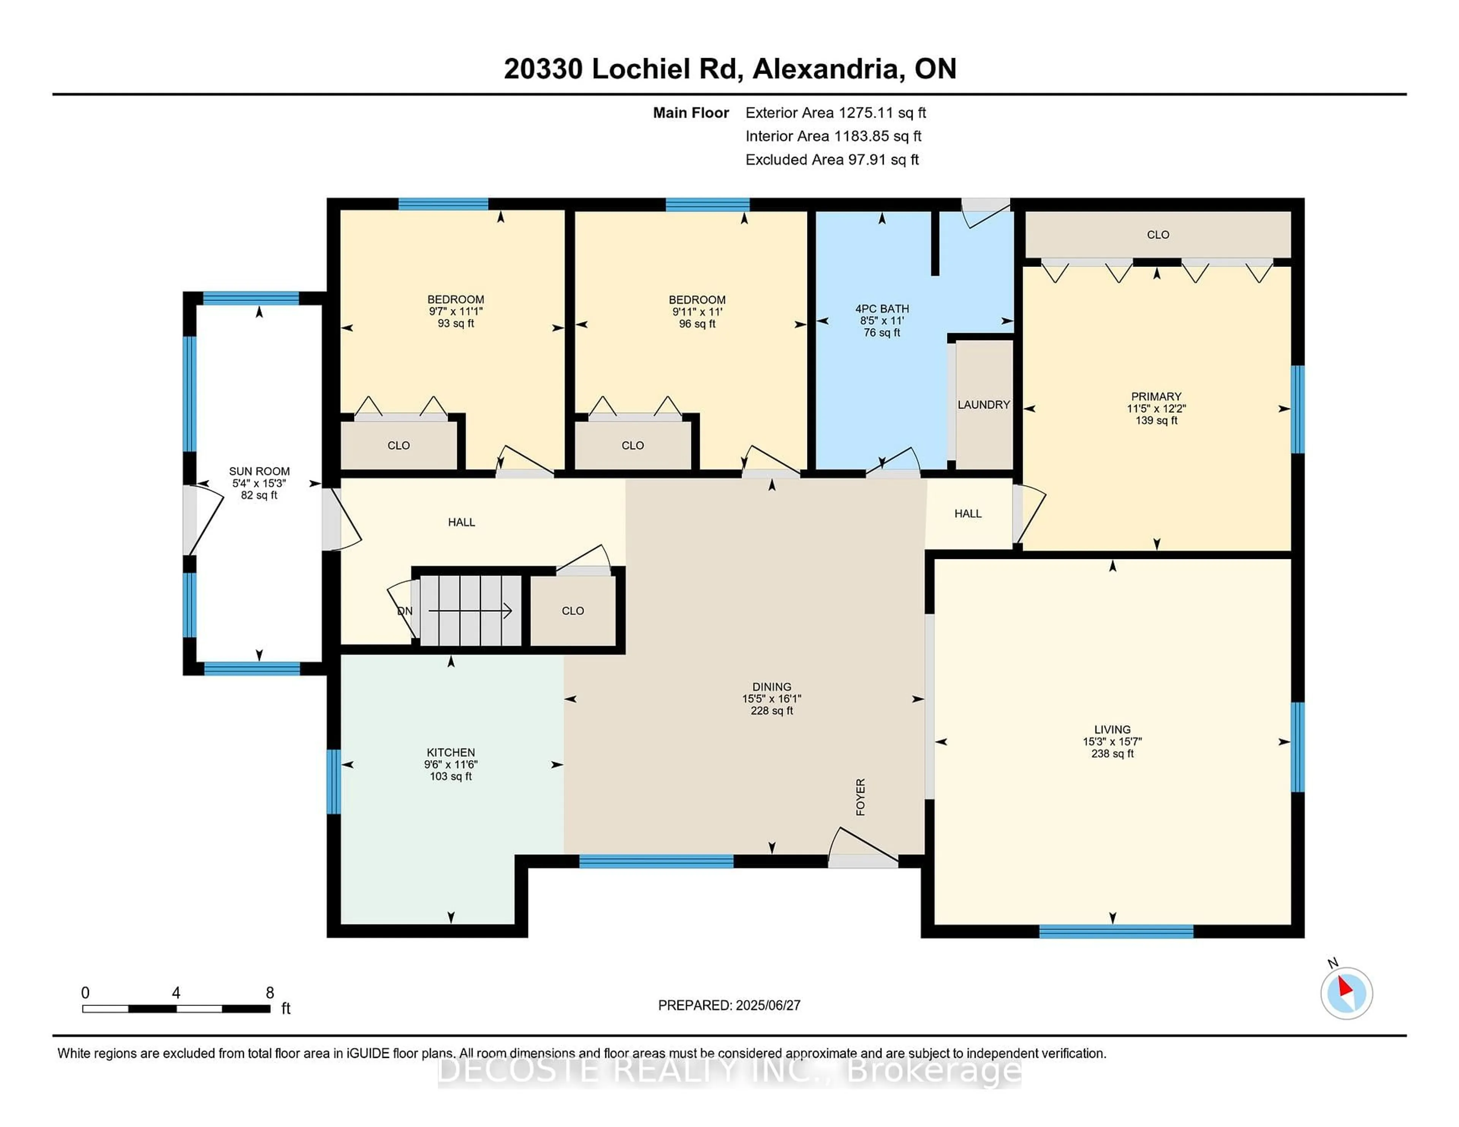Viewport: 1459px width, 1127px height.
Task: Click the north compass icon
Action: (x=1346, y=993)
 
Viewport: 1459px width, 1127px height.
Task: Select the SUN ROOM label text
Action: (x=259, y=471)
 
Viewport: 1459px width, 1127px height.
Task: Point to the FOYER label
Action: (x=861, y=797)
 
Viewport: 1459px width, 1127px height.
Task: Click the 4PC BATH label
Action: (x=882, y=308)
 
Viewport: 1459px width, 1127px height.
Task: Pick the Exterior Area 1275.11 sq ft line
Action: (x=835, y=113)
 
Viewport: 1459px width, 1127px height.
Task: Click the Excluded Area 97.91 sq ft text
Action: (x=832, y=159)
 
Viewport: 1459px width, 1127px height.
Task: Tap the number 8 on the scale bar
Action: (x=270, y=993)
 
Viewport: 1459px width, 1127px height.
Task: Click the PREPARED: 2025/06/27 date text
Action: (x=729, y=1005)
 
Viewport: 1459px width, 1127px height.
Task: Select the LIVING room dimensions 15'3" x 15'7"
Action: (x=1112, y=742)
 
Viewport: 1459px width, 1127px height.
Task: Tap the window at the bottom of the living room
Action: (x=1116, y=931)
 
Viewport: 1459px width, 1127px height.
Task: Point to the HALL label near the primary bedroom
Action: (x=967, y=513)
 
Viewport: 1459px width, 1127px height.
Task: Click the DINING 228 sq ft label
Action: (x=772, y=710)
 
